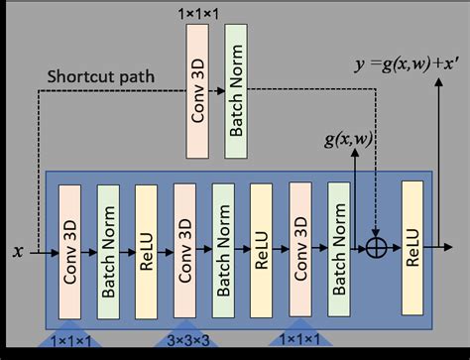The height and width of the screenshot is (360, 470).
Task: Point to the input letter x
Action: tap(17, 252)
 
